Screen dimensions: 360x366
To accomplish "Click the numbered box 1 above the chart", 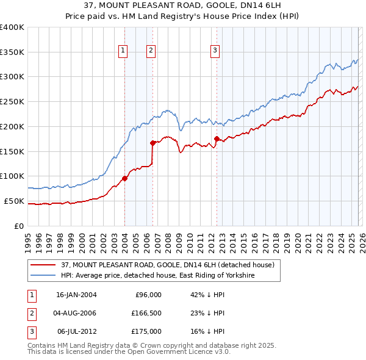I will pyautogui.click(x=123, y=51).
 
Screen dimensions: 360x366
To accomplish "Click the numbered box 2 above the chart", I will pyautogui.click(x=151, y=51).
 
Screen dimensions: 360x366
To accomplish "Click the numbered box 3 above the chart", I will pyautogui.click(x=215, y=51).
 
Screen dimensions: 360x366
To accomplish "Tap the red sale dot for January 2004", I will pyautogui.click(x=124, y=178).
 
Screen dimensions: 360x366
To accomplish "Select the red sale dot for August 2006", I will pyautogui.click(x=152, y=143).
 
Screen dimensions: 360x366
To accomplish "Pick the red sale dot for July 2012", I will pyautogui.click(x=217, y=139).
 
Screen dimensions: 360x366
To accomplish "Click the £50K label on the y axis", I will pyautogui.click(x=14, y=201).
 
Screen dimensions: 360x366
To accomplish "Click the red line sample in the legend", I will pyautogui.click(x=43, y=265).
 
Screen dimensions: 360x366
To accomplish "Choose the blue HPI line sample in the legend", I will pyautogui.click(x=43, y=276).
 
